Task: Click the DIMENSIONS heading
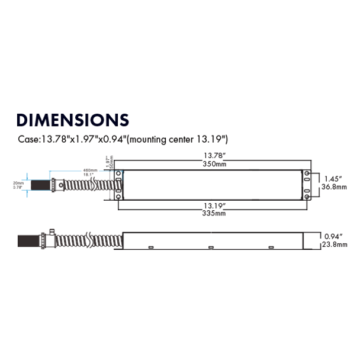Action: (73, 120)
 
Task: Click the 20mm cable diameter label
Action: (19, 183)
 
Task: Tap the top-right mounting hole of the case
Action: (307, 173)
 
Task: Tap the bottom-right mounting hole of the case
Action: (307, 196)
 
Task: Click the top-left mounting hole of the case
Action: (118, 173)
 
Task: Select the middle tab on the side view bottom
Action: (210, 247)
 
